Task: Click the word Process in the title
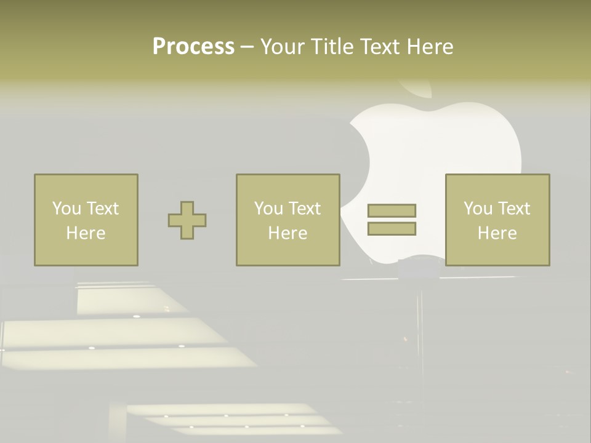[193, 47]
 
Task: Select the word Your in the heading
[281, 47]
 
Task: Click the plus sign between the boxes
[187, 220]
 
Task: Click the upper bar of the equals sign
[392, 210]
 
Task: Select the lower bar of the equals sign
[392, 228]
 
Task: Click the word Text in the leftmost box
[102, 209]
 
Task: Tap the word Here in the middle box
[287, 233]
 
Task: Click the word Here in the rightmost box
[497, 233]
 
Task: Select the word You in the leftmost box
[66, 209]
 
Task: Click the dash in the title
[247, 47]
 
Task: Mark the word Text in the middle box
[305, 209]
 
